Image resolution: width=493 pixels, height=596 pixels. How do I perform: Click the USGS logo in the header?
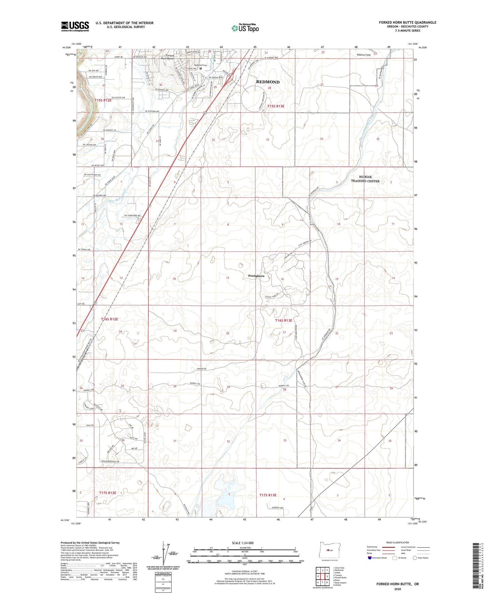(75, 26)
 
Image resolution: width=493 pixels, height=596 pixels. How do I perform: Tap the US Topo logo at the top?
(245, 28)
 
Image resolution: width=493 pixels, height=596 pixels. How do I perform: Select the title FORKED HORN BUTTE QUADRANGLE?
(407, 23)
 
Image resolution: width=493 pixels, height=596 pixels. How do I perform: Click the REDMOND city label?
(268, 82)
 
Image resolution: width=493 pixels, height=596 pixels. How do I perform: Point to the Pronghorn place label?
(256, 276)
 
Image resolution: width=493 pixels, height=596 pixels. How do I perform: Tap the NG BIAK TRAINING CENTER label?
(365, 179)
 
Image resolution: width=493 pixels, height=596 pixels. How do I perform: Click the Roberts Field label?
(364, 55)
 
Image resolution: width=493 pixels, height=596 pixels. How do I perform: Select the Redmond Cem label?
(201, 65)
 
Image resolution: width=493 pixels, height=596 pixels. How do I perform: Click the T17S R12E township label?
(108, 493)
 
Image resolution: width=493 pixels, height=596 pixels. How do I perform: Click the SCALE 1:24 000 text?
(243, 543)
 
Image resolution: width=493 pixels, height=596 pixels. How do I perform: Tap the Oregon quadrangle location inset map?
(329, 550)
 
